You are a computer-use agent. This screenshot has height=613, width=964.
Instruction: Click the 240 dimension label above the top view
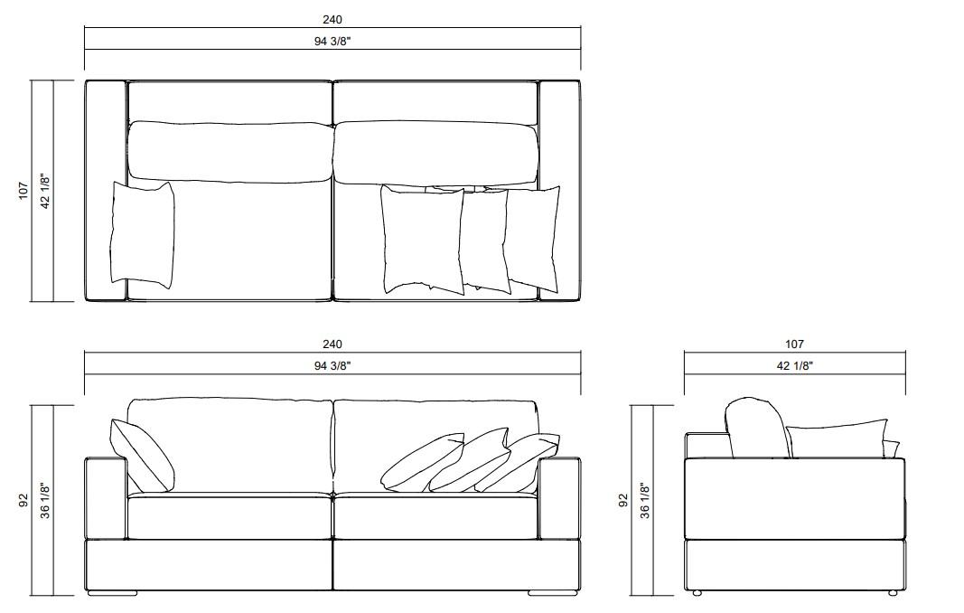click(332, 19)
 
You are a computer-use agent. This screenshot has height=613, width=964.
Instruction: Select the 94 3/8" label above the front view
click(332, 365)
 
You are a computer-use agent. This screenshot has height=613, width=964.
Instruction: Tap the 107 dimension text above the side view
click(794, 344)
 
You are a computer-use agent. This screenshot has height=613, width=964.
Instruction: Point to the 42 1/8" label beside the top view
click(45, 191)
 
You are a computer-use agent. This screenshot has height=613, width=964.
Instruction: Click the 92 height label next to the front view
click(23, 500)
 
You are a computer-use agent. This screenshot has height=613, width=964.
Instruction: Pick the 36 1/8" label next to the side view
click(645, 500)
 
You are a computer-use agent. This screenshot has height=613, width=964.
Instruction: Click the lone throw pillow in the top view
click(142, 234)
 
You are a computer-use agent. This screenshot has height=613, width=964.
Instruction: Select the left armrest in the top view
click(106, 191)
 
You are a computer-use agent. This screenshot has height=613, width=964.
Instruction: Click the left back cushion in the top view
click(229, 150)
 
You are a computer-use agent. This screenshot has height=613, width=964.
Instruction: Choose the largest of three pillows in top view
click(422, 239)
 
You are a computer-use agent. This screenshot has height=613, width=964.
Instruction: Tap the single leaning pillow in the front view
click(141, 455)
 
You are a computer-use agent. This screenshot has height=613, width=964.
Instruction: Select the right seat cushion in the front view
click(436, 517)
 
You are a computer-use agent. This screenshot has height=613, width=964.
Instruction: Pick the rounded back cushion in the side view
click(755, 428)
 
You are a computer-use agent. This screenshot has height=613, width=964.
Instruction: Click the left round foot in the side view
click(697, 593)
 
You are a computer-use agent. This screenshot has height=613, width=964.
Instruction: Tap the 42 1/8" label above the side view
click(794, 365)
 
